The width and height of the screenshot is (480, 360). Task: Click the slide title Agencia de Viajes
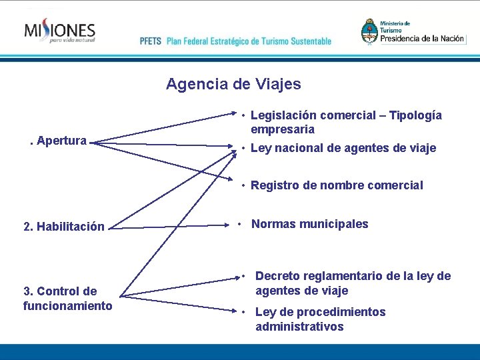click(x=233, y=85)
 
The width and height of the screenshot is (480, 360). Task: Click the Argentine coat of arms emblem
click(x=369, y=31)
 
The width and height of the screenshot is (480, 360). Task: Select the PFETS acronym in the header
click(x=151, y=41)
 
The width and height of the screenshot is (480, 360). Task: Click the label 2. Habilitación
click(x=63, y=227)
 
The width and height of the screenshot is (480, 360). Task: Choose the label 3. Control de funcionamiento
click(x=67, y=299)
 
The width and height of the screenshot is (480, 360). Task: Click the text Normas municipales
click(x=309, y=224)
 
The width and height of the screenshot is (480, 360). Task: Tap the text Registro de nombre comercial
click(x=337, y=185)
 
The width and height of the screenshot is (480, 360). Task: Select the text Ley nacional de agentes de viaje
click(x=343, y=148)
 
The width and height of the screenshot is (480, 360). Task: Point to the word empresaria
click(x=283, y=129)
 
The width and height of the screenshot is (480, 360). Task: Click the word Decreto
click(x=277, y=276)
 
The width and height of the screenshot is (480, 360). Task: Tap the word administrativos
click(x=299, y=327)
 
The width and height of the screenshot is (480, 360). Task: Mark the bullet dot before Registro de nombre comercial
click(x=245, y=185)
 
